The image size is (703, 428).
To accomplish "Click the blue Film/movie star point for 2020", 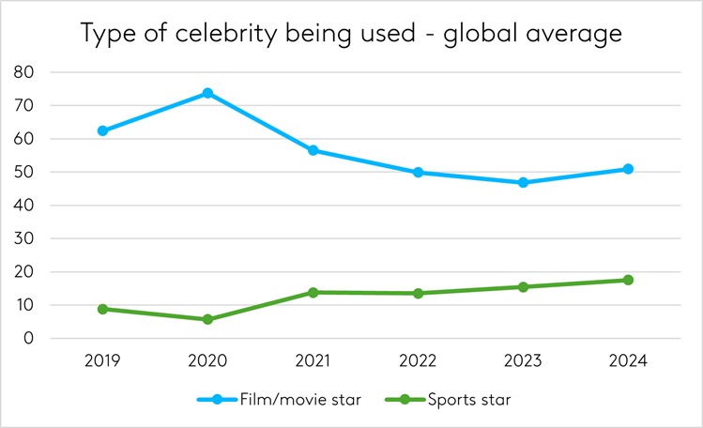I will [x=207, y=93].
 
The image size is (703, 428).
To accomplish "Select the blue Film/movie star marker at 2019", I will [x=102, y=130].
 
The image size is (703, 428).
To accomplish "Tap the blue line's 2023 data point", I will [x=523, y=182].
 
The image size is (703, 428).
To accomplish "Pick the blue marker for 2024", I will [x=628, y=169].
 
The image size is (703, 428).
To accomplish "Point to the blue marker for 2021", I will [x=313, y=150].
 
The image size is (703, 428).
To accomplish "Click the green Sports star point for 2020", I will [x=207, y=319].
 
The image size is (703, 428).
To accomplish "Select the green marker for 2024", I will [x=628, y=280].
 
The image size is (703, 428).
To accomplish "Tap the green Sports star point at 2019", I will [x=102, y=309].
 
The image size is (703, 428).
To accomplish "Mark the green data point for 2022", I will [x=418, y=293].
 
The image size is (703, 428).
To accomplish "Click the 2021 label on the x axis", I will [x=313, y=361].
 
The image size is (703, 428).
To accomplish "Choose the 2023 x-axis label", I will [x=523, y=361].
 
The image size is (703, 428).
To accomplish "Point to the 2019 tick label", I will [x=102, y=361].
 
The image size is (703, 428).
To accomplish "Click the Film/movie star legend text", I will [x=294, y=399].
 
